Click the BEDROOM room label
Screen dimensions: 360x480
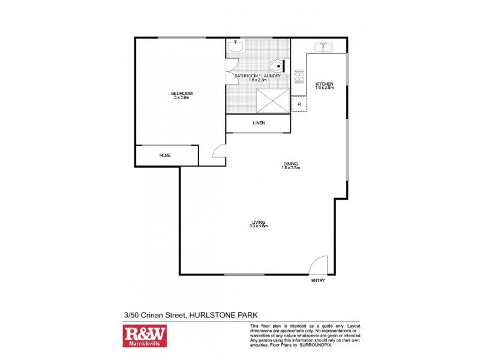pyautogui.click(x=181, y=93)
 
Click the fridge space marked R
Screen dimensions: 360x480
pyautogui.click(x=299, y=104)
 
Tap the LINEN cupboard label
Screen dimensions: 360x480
pyautogui.click(x=259, y=124)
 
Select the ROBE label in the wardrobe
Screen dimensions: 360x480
pyautogui.click(x=165, y=155)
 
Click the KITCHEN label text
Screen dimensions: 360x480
pyautogui.click(x=324, y=83)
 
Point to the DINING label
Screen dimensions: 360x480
pyautogui.click(x=290, y=164)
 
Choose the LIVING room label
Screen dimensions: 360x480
pyautogui.click(x=258, y=222)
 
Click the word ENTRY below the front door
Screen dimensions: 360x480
pyautogui.click(x=317, y=281)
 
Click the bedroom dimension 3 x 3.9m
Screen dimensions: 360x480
pyautogui.click(x=181, y=98)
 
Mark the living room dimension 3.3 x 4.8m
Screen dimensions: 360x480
pyautogui.click(x=258, y=226)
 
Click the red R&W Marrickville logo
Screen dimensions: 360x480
pyautogui.click(x=145, y=337)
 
